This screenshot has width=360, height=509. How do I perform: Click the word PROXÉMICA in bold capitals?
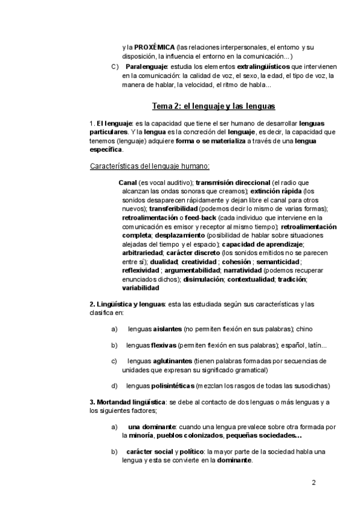(154, 46)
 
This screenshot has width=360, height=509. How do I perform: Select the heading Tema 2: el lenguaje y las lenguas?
(213, 106)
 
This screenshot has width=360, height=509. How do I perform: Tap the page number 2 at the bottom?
(314, 482)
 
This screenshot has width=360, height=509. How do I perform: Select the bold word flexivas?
(164, 345)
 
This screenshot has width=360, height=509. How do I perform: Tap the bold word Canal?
(127, 182)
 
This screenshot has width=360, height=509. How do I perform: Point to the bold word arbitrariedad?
(140, 253)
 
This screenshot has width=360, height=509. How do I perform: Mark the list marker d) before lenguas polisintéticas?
(115, 385)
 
